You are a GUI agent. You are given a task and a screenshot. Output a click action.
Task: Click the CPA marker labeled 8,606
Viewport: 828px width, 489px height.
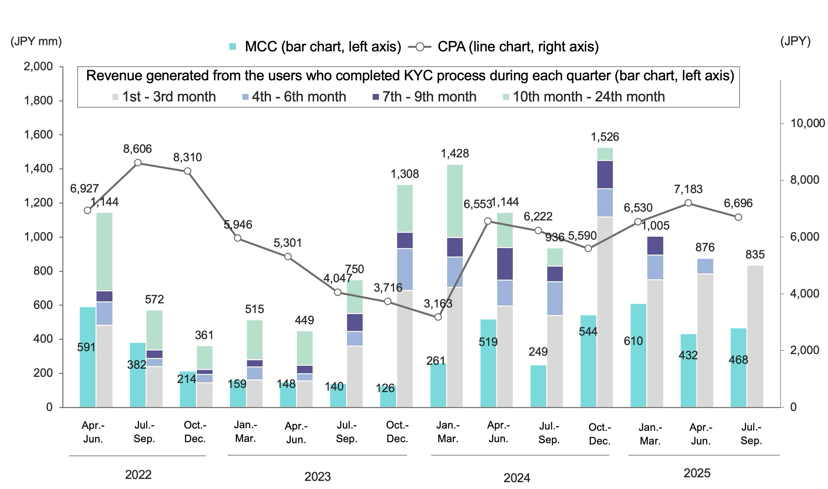(x=138, y=163)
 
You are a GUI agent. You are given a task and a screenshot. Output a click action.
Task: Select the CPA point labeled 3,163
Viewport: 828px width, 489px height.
(x=438, y=317)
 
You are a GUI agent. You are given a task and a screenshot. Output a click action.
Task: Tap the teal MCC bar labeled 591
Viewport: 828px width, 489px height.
(x=88, y=357)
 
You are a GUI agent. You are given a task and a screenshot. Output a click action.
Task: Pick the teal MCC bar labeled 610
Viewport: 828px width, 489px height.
(x=638, y=356)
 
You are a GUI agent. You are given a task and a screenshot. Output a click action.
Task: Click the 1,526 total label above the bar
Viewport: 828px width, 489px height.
(x=605, y=137)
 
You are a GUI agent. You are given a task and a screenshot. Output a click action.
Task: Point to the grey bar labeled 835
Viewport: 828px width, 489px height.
(x=755, y=336)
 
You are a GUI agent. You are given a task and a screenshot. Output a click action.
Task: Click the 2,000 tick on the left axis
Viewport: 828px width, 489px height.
(x=38, y=67)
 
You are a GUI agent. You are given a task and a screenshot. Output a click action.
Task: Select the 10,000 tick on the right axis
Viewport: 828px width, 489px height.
(x=807, y=123)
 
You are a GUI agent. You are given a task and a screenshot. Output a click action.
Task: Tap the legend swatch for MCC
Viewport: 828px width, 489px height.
(x=233, y=47)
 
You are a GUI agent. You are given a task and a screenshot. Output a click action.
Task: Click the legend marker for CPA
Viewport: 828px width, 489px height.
(x=420, y=47)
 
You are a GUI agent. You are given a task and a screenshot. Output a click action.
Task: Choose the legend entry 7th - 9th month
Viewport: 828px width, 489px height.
(x=424, y=97)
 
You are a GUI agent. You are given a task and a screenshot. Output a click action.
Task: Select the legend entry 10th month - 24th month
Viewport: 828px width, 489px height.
(x=584, y=97)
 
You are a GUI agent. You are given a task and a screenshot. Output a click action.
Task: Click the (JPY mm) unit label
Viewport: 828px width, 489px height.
(x=36, y=42)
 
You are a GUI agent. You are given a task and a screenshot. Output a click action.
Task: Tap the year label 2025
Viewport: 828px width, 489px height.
(x=697, y=473)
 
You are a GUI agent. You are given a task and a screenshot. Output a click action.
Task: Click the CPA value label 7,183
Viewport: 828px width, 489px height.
(x=688, y=189)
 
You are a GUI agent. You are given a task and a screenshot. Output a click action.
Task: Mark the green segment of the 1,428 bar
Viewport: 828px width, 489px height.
(x=455, y=201)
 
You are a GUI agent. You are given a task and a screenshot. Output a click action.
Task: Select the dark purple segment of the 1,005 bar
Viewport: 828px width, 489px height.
(x=655, y=246)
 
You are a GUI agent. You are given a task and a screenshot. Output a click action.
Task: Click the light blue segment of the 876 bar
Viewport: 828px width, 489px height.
(x=705, y=266)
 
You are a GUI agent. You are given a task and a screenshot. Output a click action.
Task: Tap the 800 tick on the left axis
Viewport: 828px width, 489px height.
(x=43, y=271)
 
